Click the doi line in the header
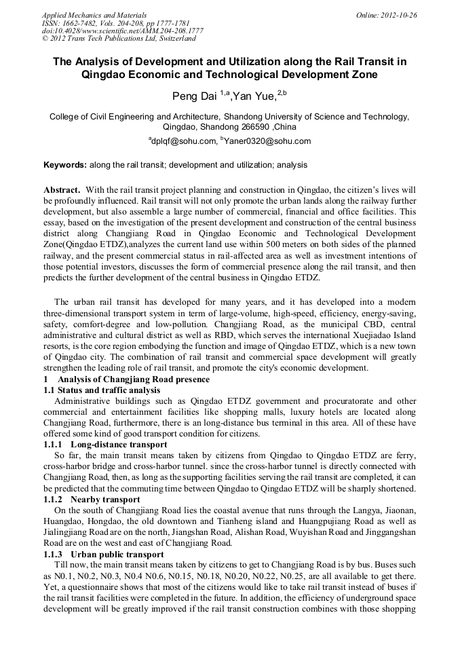122,31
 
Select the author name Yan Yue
254,96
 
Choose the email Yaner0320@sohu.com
267,141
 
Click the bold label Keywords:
65,165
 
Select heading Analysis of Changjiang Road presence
134,379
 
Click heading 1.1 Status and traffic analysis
102,390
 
